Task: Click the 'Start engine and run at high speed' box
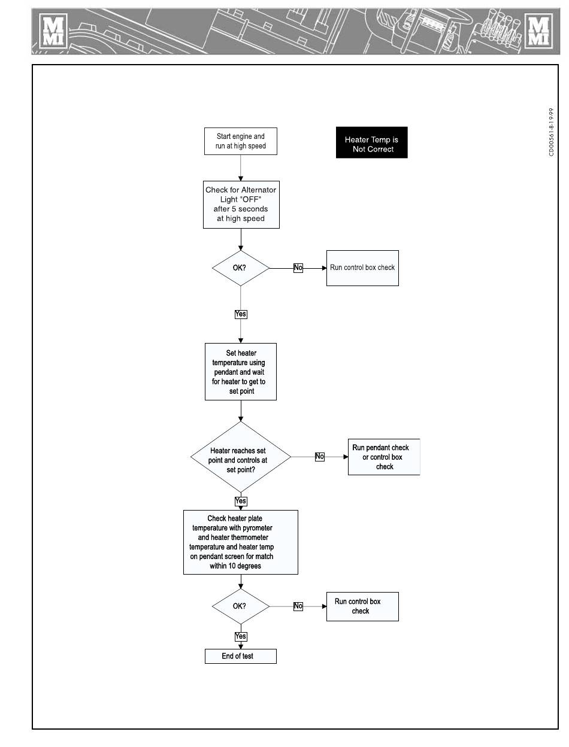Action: (240, 141)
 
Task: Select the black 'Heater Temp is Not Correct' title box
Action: (371, 142)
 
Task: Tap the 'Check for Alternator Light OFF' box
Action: (241, 205)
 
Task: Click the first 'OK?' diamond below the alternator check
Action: (240, 268)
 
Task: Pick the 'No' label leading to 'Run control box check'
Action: (298, 268)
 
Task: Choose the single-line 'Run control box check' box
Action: (362, 268)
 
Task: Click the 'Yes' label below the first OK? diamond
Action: (241, 314)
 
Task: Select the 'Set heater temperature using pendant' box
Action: (240, 372)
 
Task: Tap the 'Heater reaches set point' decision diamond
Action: (240, 457)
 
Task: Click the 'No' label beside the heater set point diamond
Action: (319, 457)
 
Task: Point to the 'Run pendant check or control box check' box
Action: (384, 457)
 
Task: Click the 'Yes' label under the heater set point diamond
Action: (241, 501)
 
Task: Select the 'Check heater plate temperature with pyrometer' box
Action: (240, 542)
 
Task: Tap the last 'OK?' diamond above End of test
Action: (240, 606)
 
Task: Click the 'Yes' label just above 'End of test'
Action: (241, 636)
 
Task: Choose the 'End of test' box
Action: (240, 656)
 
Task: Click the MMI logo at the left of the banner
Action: (53, 31)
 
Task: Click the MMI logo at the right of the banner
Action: (538, 31)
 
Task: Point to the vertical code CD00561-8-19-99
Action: (551, 132)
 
